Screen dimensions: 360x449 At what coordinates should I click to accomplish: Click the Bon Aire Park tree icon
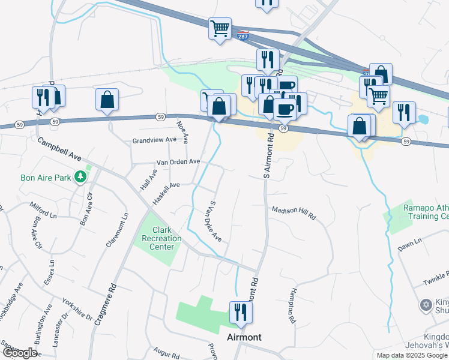[x=79, y=178]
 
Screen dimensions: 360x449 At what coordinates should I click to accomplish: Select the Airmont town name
[x=244, y=337]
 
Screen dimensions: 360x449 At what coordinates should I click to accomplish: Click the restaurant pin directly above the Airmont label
[x=241, y=313]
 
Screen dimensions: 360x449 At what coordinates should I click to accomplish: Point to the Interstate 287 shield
[x=243, y=35]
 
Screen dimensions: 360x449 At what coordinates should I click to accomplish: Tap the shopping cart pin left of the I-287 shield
[x=220, y=28]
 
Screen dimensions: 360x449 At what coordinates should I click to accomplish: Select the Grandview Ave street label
[x=154, y=140]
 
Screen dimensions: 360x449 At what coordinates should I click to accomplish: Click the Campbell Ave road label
[x=59, y=150]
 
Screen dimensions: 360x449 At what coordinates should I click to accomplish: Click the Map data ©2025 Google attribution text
[x=412, y=355]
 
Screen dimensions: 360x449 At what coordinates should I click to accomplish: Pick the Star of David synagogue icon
[x=427, y=305]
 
